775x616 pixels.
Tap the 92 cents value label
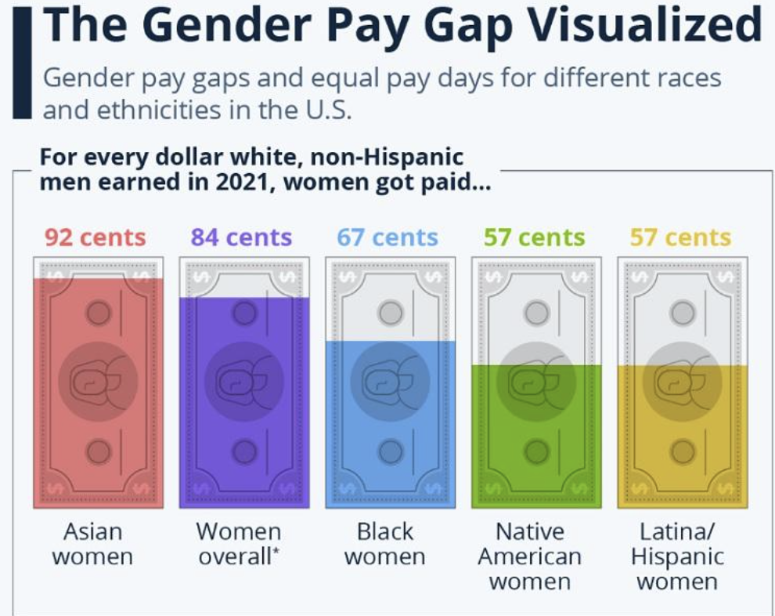point(95,237)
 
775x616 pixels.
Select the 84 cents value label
point(241,237)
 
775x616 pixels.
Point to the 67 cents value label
point(387,237)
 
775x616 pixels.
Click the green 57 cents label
point(534,237)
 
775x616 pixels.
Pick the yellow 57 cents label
point(680,237)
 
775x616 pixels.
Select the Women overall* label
point(239,544)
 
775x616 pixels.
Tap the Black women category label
point(385,544)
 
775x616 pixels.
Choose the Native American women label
point(530,556)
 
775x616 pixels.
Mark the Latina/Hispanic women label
point(679,556)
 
